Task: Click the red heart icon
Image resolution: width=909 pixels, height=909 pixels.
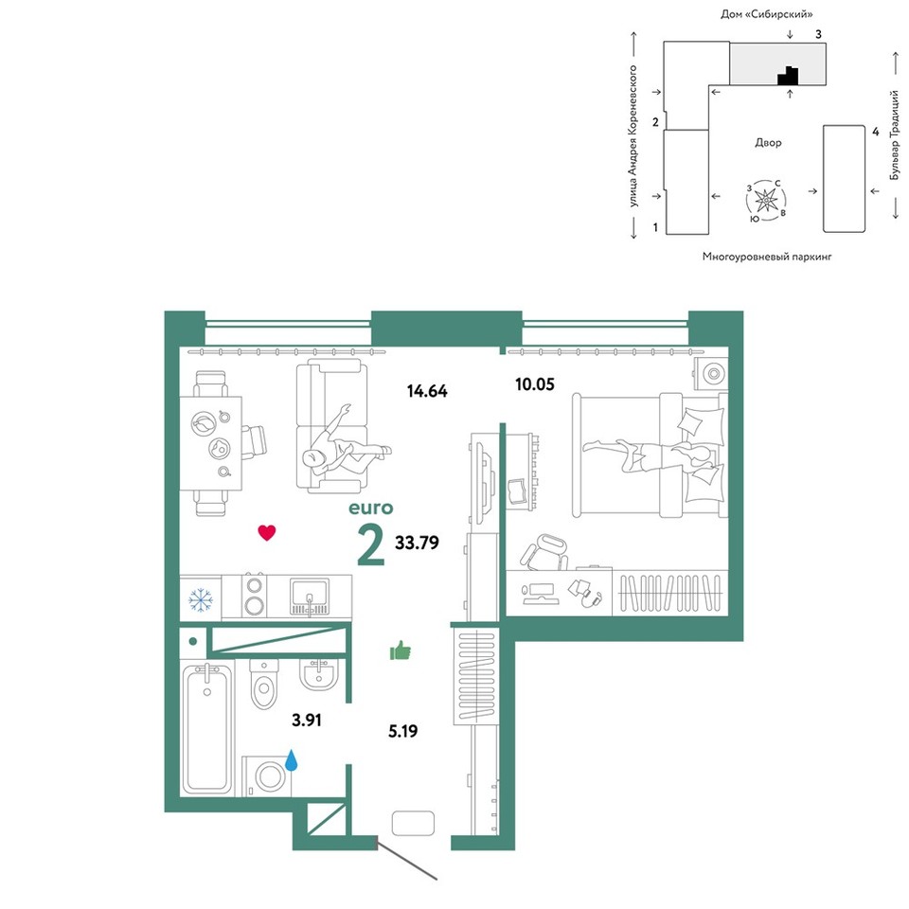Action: tap(267, 532)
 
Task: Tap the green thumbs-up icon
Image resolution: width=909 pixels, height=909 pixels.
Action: tap(400, 651)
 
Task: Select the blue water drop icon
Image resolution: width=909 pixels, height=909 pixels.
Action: tap(291, 760)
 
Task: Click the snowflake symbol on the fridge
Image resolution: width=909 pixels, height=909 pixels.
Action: tap(201, 600)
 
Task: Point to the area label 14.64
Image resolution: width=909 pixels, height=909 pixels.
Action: tap(427, 391)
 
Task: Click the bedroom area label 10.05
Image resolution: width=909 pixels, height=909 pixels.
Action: tap(534, 384)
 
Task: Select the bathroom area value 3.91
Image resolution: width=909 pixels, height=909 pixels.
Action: tap(306, 720)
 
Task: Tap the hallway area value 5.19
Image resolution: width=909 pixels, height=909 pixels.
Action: tap(403, 731)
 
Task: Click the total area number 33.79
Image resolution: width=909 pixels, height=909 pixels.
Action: tap(417, 543)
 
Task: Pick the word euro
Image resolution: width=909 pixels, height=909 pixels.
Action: tap(371, 508)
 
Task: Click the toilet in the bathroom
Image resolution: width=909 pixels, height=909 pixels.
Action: tap(264, 684)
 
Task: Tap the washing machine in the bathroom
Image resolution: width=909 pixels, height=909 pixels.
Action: tap(267, 775)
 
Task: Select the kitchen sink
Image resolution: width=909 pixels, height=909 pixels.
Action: tap(310, 597)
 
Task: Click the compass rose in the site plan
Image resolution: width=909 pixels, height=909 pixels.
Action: tap(766, 201)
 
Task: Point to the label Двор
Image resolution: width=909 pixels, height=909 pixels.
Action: tap(768, 143)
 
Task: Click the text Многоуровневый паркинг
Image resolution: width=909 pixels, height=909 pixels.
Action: tap(767, 257)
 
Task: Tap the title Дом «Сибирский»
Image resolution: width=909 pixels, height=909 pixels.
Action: tap(766, 14)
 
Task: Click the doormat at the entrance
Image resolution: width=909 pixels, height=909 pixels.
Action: tap(414, 823)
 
